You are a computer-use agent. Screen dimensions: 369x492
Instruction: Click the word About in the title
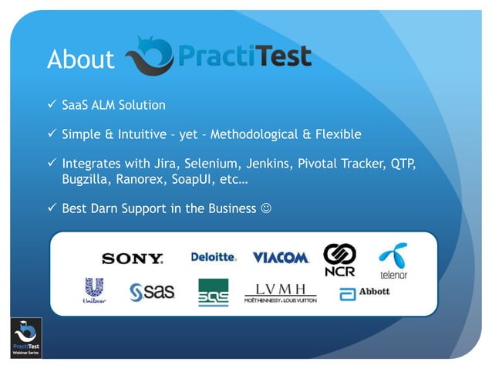click(80, 59)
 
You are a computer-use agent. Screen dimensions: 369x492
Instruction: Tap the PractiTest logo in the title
click(218, 56)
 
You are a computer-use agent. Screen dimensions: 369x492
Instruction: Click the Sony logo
click(132, 259)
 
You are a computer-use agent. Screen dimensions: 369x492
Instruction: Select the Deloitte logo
click(214, 257)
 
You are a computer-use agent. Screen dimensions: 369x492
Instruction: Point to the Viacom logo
click(281, 257)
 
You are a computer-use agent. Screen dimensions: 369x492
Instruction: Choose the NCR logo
click(339, 260)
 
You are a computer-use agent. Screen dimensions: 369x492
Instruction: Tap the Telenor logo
click(393, 260)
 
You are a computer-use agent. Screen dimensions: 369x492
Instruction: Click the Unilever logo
click(94, 292)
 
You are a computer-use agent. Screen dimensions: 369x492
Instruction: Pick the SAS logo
click(152, 292)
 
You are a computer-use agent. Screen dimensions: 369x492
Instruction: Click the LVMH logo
click(280, 293)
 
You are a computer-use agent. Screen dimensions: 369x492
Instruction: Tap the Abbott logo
click(365, 293)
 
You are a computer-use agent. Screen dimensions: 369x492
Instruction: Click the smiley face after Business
click(266, 209)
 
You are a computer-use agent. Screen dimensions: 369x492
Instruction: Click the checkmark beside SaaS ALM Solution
click(52, 104)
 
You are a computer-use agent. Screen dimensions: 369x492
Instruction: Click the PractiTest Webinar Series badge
click(25, 337)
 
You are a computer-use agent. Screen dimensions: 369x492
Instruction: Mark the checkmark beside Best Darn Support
click(52, 208)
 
